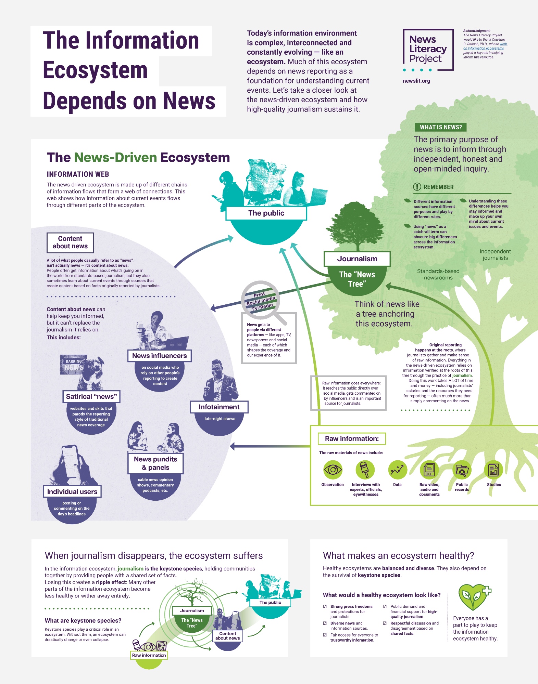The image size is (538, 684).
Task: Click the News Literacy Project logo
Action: pos(428,50)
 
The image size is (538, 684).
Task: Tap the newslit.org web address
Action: pos(416,81)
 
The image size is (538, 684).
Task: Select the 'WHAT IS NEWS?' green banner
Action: pos(440,127)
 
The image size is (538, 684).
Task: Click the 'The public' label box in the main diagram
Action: pos(266,213)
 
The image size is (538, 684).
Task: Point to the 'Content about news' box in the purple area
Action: pos(70,242)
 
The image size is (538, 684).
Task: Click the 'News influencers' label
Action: pos(159,356)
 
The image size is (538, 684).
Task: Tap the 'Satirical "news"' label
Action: pos(91,396)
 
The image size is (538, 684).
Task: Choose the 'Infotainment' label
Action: pos(219,407)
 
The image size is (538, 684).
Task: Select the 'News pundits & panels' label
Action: pos(155,463)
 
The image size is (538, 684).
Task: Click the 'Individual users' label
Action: pos(72,491)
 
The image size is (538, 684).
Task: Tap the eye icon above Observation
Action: pos(333,470)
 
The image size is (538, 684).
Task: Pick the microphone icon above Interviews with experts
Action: pos(365,470)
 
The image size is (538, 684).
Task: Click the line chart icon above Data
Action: pos(397,470)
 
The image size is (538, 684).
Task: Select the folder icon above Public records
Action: pos(462,470)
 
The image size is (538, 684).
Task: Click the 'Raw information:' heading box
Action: pos(352,438)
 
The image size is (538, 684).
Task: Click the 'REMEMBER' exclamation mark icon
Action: pos(417,187)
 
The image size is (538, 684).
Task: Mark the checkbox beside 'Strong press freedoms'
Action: pos(325,606)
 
